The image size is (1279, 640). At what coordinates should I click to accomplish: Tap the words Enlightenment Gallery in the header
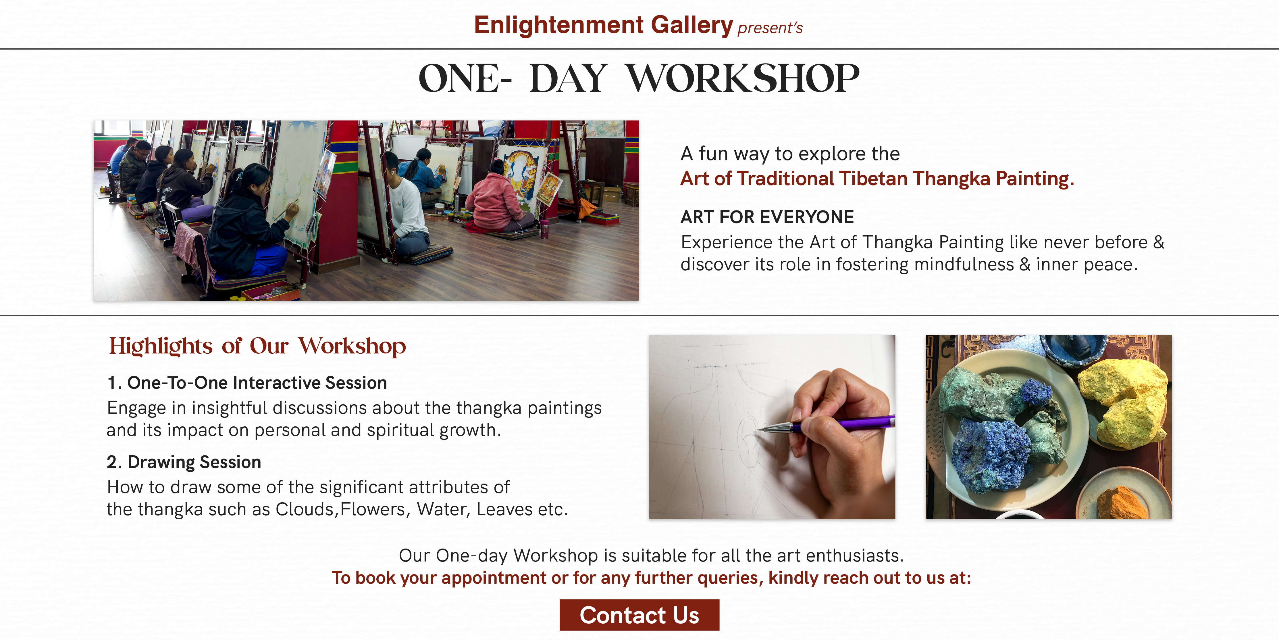click(x=603, y=25)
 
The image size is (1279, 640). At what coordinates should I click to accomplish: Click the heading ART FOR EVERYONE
click(x=767, y=217)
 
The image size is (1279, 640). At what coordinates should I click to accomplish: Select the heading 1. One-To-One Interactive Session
click(x=247, y=383)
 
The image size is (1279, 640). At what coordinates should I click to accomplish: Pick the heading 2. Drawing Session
click(x=184, y=462)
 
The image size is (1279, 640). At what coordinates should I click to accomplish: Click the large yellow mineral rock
click(x=1123, y=403)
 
